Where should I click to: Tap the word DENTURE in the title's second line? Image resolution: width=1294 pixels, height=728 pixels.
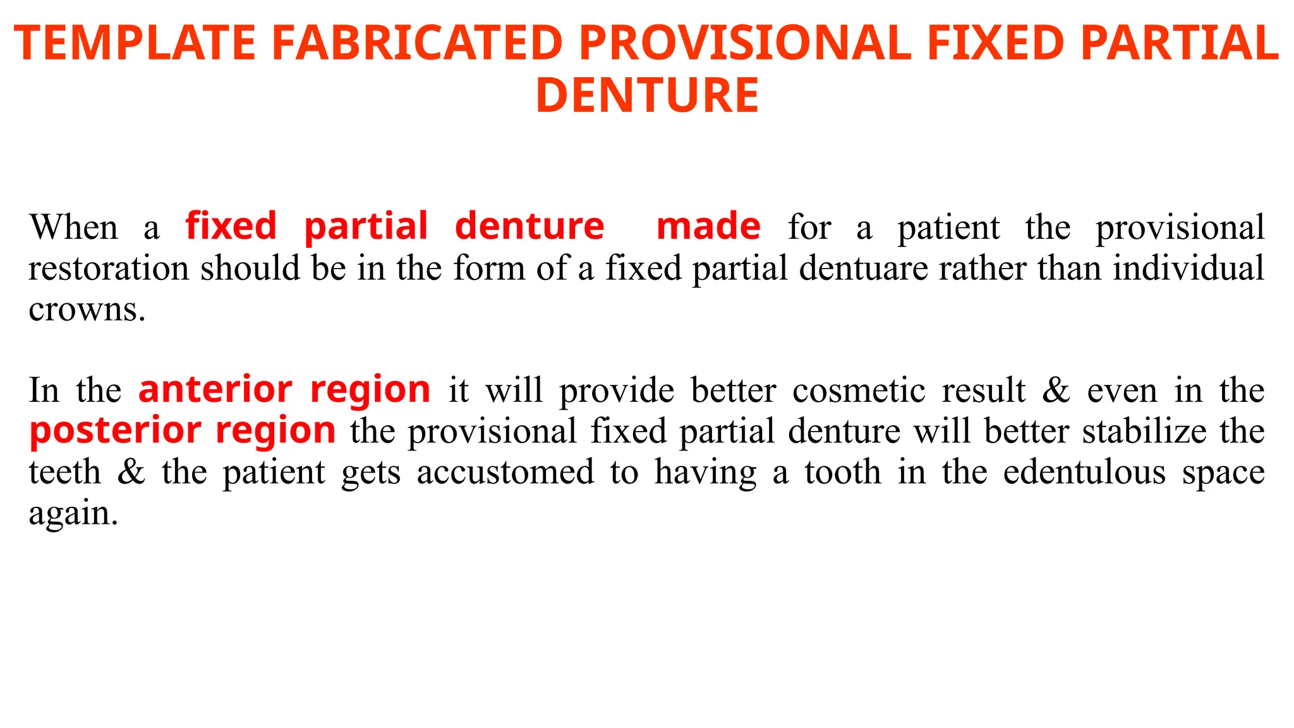647,95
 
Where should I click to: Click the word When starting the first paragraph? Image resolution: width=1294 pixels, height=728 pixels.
73,227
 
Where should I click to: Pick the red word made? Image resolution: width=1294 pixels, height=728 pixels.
708,226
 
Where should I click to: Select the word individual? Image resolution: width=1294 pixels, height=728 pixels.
1188,268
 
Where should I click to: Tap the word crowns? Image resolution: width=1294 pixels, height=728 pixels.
87,310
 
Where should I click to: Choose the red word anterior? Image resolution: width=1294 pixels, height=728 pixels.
215,389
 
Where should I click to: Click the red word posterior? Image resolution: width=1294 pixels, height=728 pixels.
114,430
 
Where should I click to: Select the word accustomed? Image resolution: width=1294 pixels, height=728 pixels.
505,472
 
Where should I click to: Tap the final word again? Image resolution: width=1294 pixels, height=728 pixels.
73,513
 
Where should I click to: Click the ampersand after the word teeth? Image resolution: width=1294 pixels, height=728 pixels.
131,472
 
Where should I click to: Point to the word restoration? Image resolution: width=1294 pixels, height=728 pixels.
109,268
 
